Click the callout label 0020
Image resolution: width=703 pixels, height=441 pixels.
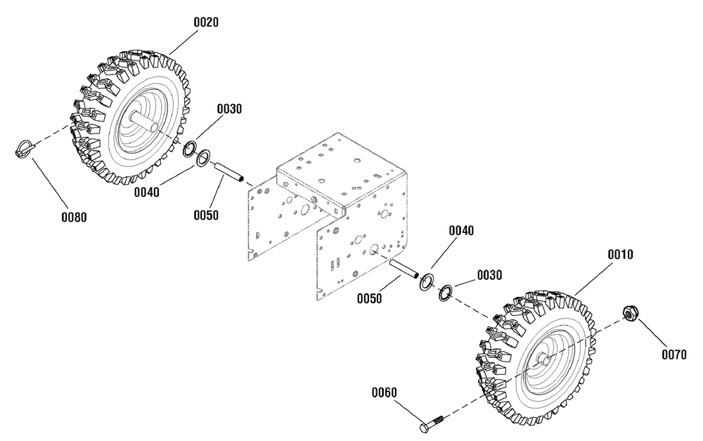click(206, 22)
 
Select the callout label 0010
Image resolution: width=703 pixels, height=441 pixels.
click(621, 255)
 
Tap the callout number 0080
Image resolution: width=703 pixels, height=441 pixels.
click(74, 217)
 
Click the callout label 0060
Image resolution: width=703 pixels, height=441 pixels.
click(385, 392)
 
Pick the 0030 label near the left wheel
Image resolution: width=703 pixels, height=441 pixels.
click(230, 109)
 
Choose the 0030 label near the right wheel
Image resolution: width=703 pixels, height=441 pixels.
click(489, 275)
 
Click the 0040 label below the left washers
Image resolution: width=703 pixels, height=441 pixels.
click(147, 193)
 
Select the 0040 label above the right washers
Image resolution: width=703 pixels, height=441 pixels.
click(461, 231)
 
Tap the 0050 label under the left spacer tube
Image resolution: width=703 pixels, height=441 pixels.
click(206, 215)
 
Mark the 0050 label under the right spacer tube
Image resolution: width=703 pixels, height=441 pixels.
click(370, 298)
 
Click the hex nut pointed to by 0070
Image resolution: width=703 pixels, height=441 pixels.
click(631, 313)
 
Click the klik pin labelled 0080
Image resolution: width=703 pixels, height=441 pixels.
click(25, 148)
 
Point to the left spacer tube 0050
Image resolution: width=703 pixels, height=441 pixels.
click(229, 173)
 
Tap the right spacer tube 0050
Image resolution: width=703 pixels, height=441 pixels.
click(404, 268)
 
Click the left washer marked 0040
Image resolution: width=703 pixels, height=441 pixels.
click(204, 158)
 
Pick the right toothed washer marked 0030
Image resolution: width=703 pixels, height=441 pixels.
click(446, 293)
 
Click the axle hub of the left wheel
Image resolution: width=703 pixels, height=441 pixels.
click(143, 121)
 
